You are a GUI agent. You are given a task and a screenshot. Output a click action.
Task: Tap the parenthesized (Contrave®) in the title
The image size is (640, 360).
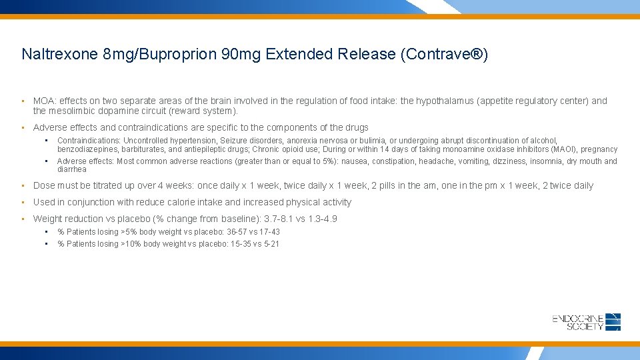[445, 54]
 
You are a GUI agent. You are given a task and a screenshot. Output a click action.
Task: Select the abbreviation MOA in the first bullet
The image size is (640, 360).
[44, 101]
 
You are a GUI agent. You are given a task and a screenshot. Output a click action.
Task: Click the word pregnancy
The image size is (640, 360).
[599, 149]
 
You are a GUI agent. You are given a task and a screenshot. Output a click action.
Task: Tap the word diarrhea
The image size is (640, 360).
[72, 169]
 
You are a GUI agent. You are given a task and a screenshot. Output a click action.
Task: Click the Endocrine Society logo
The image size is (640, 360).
[587, 322]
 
